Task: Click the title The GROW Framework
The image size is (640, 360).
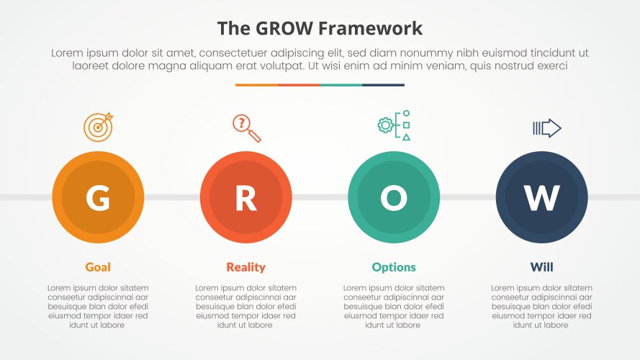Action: (320, 28)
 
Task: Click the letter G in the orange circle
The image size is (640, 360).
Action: (98, 198)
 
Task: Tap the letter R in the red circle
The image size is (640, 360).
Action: (245, 198)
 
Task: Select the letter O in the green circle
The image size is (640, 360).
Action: (394, 198)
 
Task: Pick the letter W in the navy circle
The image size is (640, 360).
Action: (541, 198)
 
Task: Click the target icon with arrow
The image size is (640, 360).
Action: (99, 127)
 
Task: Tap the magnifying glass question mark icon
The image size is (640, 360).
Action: (246, 127)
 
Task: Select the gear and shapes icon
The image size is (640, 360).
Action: (394, 126)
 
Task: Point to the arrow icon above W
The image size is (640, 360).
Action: (546, 128)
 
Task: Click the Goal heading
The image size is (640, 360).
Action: (98, 267)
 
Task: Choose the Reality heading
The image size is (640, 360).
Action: (245, 267)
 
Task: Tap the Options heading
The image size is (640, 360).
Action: (394, 267)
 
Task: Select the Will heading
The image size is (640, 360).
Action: (541, 267)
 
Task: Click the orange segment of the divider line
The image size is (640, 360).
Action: (256, 85)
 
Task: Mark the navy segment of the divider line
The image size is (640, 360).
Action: (383, 85)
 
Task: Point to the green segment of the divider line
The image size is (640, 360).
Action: (341, 85)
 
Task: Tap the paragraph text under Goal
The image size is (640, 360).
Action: (98, 306)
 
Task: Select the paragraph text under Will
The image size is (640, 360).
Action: (541, 306)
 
